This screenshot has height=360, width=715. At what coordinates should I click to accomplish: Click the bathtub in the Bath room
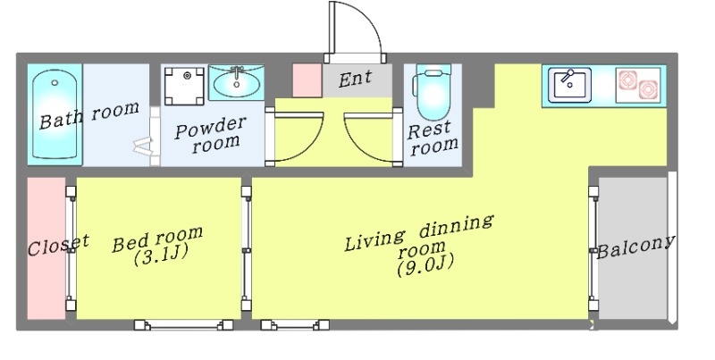pyautogui.click(x=55, y=116)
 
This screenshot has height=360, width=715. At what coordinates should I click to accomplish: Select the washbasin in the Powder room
pyautogui.click(x=237, y=83)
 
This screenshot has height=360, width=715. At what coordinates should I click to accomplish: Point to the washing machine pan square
pyautogui.click(x=184, y=85)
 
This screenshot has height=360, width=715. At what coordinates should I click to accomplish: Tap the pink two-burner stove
pyautogui.click(x=637, y=85)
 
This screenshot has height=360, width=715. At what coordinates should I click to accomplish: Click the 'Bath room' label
pyautogui.click(x=89, y=114)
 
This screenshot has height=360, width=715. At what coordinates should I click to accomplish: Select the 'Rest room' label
pyautogui.click(x=433, y=138)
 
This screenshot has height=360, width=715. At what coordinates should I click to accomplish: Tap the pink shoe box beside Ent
pyautogui.click(x=307, y=79)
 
